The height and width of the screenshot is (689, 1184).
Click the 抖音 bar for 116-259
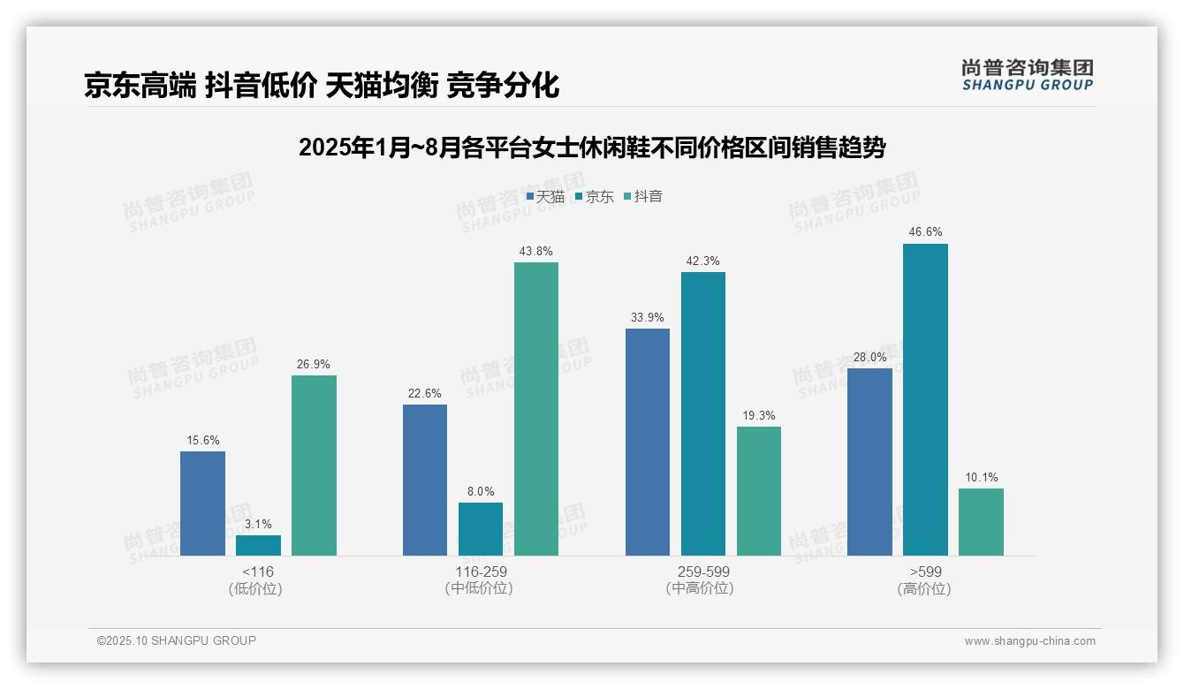tap(536, 409)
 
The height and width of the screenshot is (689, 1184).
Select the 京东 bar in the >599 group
tap(925, 399)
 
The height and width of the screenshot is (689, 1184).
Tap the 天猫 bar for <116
tap(202, 503)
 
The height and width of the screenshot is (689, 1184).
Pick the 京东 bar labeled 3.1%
tap(258, 545)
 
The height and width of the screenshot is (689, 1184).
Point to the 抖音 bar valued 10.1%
tap(981, 522)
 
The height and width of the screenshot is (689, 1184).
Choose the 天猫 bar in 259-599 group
tap(648, 442)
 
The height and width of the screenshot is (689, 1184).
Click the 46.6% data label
tap(925, 232)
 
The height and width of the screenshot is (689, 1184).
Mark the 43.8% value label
tap(536, 252)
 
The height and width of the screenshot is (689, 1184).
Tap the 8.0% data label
tap(481, 492)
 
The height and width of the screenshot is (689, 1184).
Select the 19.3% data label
tap(759, 416)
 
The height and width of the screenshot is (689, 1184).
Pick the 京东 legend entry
tap(594, 196)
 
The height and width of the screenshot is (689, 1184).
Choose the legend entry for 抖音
tap(643, 196)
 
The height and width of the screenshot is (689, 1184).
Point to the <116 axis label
tap(258, 572)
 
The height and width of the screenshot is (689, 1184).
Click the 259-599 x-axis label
tap(703, 572)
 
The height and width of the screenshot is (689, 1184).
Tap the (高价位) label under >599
tap(925, 588)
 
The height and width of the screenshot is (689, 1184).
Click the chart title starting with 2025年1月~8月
tap(592, 147)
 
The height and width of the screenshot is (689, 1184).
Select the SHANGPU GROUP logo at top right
tap(1027, 75)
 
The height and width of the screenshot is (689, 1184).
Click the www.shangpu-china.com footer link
tap(1029, 641)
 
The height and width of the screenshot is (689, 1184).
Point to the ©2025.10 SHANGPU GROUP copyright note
tap(177, 640)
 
